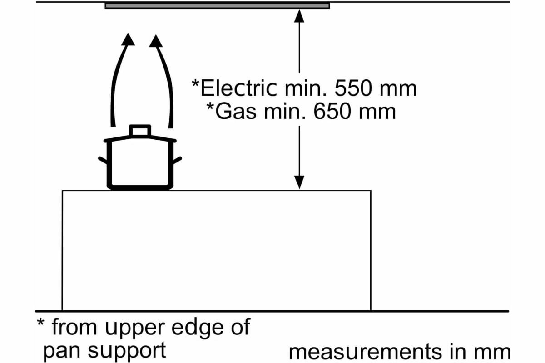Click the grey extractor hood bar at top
tap(217, 6)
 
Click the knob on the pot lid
tap(139, 130)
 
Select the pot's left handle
tap(103, 159)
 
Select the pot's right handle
tap(177, 159)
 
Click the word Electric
tap(238, 88)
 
